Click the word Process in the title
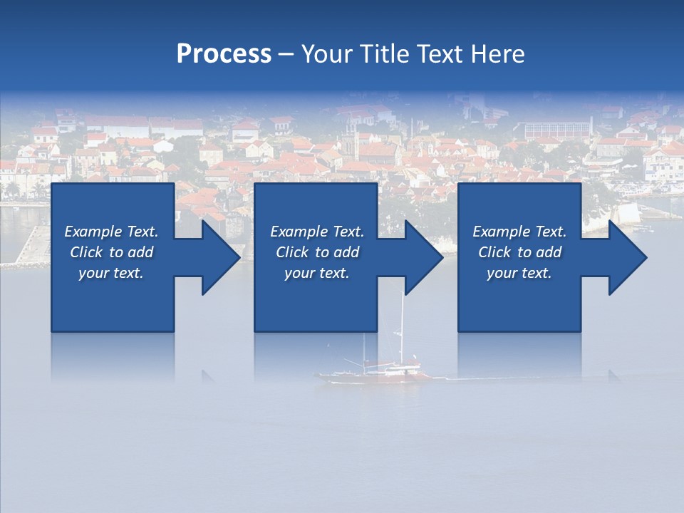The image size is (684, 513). (224, 54)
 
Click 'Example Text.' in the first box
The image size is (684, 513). (111, 232)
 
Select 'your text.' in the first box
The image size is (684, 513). (111, 273)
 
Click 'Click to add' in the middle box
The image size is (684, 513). (317, 252)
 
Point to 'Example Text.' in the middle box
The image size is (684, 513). (317, 232)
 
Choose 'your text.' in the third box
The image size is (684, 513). (519, 273)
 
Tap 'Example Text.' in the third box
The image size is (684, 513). (519, 232)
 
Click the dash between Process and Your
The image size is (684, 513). (286, 55)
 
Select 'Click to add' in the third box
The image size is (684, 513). (519, 252)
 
